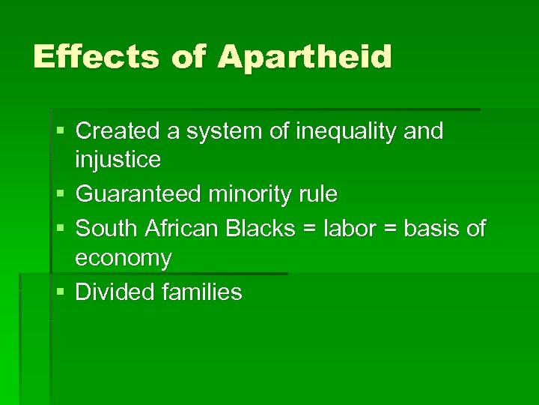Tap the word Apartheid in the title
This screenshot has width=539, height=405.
tap(305, 57)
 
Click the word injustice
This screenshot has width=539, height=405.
tap(118, 159)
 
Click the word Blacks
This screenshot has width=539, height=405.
tap(261, 228)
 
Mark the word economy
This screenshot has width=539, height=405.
tap(124, 259)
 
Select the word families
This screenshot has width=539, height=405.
tap(202, 292)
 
